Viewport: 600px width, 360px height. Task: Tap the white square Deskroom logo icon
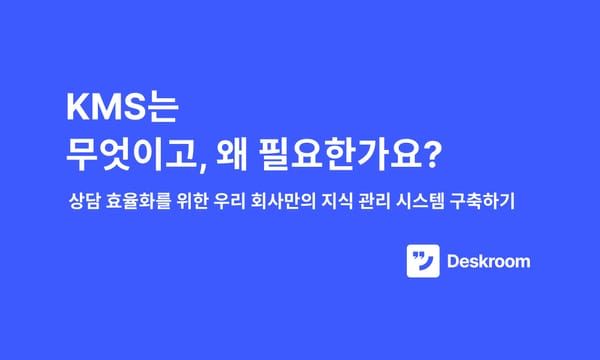pyautogui.click(x=423, y=262)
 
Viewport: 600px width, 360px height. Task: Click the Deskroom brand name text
pyautogui.click(x=489, y=263)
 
